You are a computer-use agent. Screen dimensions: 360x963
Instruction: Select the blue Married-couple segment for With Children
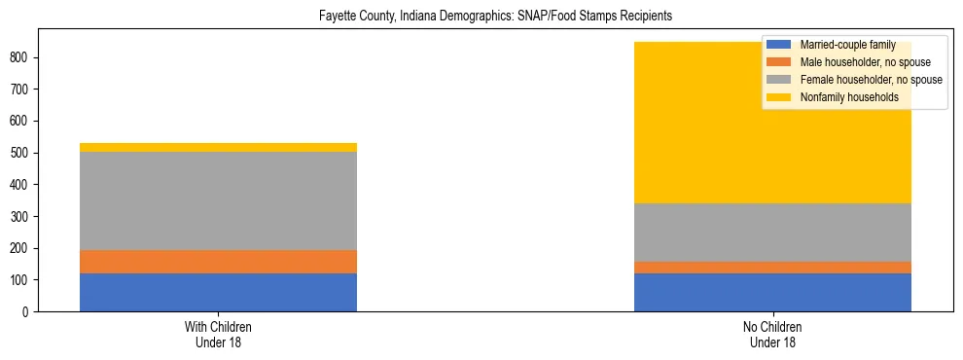(218, 292)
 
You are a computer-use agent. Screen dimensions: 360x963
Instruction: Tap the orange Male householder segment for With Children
(218, 262)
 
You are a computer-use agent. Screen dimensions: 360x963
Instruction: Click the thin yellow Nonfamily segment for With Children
(218, 147)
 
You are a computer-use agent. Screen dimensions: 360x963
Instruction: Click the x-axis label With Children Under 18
(218, 334)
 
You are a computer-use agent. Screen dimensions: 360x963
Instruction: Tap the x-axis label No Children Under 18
(772, 334)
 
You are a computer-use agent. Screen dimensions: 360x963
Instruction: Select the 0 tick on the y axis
(28, 311)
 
